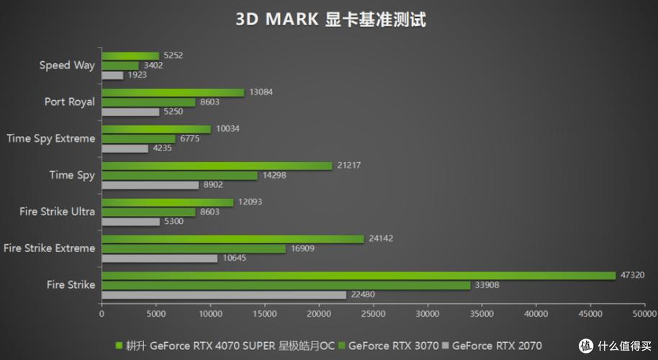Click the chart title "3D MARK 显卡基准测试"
point(330,19)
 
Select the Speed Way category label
point(67,65)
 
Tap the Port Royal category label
point(69,102)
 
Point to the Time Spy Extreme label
point(50,138)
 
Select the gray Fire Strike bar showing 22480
point(224,294)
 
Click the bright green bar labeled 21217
point(217,166)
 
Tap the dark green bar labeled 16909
point(194,248)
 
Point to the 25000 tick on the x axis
point(373,314)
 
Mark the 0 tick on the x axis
point(102,314)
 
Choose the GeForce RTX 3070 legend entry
point(391,346)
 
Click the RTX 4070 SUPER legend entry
point(227,346)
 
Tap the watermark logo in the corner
point(620,346)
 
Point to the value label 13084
point(260,92)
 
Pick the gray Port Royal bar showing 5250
point(130,112)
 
